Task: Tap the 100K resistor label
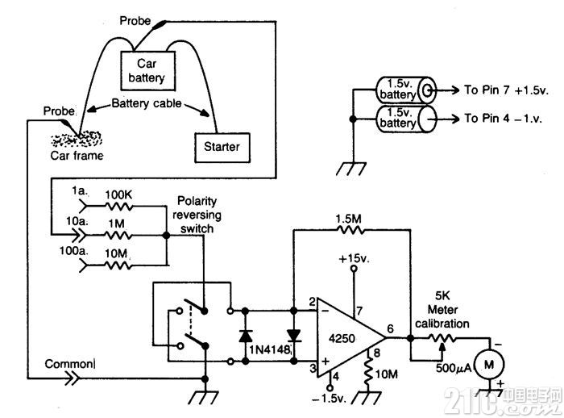coord(118,195)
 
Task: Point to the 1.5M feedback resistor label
coord(348,219)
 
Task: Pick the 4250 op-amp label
coord(342,338)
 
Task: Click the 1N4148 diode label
coord(269,349)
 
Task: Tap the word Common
coord(69,364)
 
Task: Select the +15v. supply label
coord(355,258)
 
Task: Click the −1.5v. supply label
coord(329,399)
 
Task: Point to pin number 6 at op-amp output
coord(390,328)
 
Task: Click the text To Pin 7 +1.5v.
coord(506,90)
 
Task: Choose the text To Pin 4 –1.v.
coord(503,118)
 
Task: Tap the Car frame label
coord(77,156)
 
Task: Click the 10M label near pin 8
coord(386,374)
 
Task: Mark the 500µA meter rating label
coord(454,368)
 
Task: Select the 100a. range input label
coord(73,250)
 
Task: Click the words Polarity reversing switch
coord(197,215)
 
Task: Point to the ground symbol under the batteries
coord(350,169)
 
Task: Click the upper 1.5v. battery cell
coord(406,90)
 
